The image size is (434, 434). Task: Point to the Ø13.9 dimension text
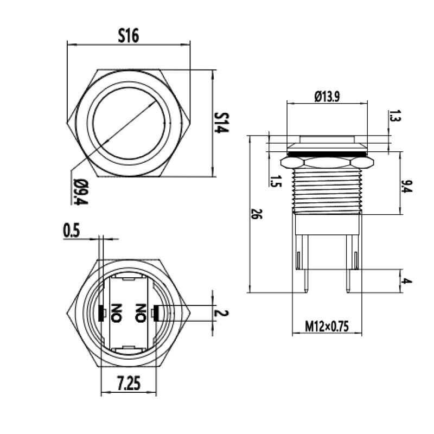click(x=327, y=96)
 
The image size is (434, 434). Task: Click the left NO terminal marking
click(x=116, y=313)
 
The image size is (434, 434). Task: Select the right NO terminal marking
click(x=142, y=313)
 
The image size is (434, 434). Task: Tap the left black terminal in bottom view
click(x=101, y=312)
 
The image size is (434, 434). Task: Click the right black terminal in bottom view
click(x=156, y=312)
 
